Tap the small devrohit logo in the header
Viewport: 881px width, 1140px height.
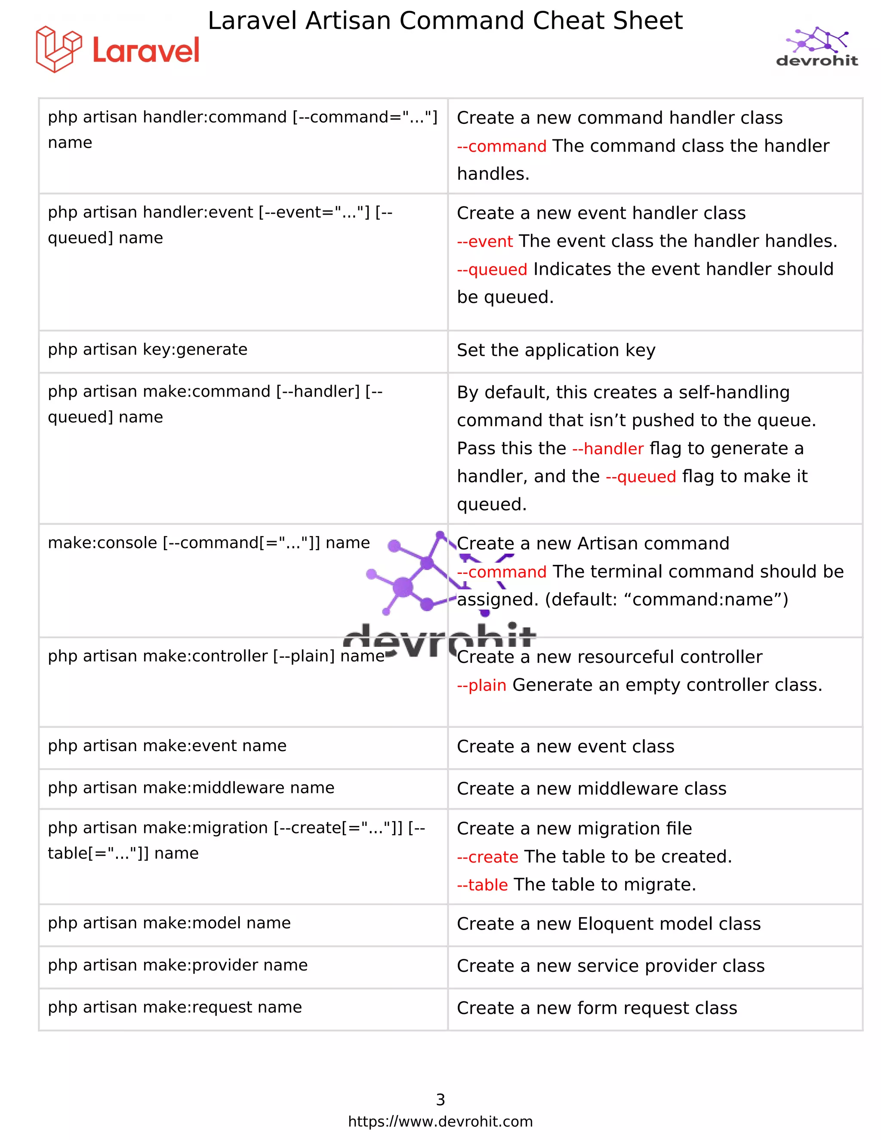click(x=817, y=48)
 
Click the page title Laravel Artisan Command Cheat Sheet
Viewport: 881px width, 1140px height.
click(x=445, y=21)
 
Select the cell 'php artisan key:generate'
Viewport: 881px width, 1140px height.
click(x=148, y=349)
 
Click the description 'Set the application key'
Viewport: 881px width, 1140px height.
click(x=556, y=350)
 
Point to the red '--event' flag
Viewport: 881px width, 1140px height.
click(x=485, y=242)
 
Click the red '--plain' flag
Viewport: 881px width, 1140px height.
click(x=482, y=685)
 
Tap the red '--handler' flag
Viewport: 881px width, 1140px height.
click(x=608, y=449)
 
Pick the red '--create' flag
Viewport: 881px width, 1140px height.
click(x=487, y=857)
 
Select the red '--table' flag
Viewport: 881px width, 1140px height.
click(x=482, y=885)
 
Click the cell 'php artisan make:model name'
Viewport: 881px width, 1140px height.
click(x=169, y=923)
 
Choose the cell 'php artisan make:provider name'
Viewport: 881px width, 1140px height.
click(x=178, y=965)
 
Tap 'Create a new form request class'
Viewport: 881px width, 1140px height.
click(x=597, y=1008)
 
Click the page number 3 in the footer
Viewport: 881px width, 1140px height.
click(x=440, y=1100)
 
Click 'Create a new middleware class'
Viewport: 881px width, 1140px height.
click(x=591, y=789)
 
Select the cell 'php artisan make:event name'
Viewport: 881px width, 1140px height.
click(x=167, y=746)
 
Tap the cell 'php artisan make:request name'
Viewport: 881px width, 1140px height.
click(x=175, y=1007)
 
